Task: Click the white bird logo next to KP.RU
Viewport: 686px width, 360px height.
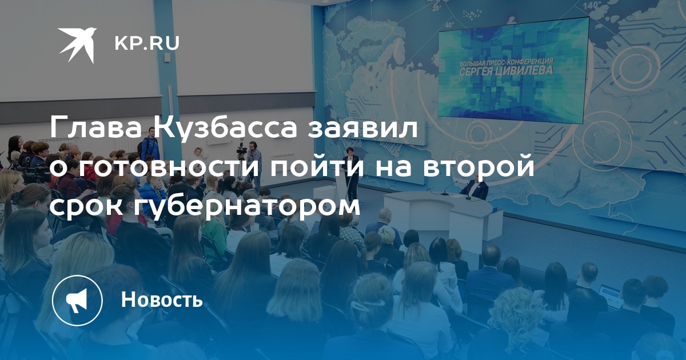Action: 77,45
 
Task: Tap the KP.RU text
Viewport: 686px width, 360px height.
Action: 147,43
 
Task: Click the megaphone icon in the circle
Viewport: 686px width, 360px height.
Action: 77,300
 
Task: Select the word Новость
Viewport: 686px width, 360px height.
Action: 162,299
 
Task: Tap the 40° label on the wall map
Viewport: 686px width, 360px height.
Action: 450,25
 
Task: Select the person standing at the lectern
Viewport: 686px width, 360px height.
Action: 350,173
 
